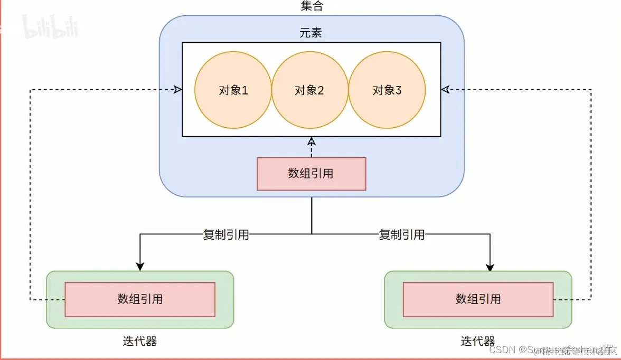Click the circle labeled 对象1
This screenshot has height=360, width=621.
pos(233,90)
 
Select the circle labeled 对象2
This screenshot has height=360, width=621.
pos(309,90)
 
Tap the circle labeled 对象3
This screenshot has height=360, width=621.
pos(387,90)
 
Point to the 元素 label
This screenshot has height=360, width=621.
pos(310,33)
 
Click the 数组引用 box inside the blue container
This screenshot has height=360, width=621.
pos(311,174)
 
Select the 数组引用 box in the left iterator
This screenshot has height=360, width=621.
pos(140,299)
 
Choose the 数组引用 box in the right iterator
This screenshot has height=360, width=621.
pos(478,299)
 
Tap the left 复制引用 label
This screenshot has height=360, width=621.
pos(225,234)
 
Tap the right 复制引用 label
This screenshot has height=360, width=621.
pos(402,234)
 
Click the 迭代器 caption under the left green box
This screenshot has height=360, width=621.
pos(139,341)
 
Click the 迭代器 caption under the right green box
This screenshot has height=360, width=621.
pos(478,341)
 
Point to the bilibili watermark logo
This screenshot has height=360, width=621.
pos(50,26)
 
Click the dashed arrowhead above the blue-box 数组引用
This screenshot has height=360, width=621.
pos(312,141)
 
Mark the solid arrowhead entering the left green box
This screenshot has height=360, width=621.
pos(140,267)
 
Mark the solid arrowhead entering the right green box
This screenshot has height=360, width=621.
pos(490,267)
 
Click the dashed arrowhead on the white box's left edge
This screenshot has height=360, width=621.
pos(177,90)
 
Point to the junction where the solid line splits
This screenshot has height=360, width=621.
pos(312,234)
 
